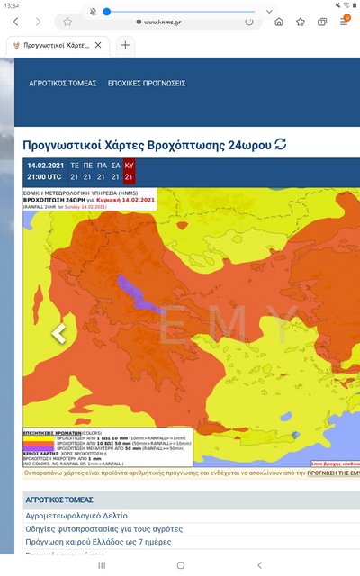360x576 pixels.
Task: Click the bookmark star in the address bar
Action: point(67,22)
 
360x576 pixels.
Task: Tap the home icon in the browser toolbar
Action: point(278,22)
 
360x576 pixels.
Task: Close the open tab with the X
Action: point(98,44)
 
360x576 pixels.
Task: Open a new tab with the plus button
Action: point(125,44)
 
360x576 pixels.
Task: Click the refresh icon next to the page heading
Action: point(281,144)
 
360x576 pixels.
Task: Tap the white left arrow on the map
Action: point(58,333)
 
